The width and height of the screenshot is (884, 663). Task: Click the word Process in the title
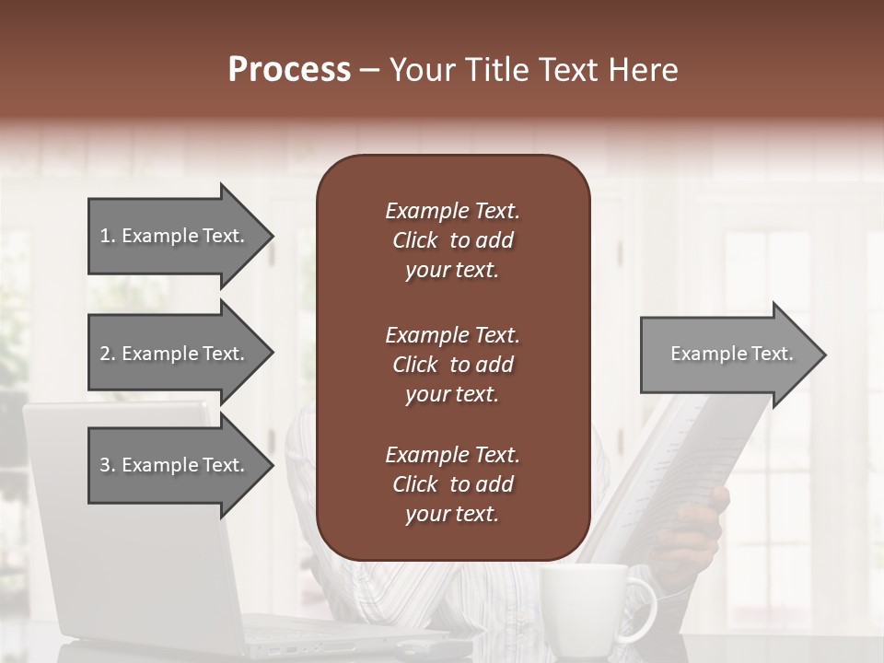point(289,69)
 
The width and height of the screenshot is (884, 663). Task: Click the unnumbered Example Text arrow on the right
point(727,354)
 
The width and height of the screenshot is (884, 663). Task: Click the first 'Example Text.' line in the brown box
point(452,211)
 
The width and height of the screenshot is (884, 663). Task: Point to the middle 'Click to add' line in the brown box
point(452,365)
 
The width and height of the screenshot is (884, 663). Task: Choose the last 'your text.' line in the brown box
point(452,515)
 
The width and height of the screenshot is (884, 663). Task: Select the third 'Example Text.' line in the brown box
point(452,455)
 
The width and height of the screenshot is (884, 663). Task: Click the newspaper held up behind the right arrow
point(700,442)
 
